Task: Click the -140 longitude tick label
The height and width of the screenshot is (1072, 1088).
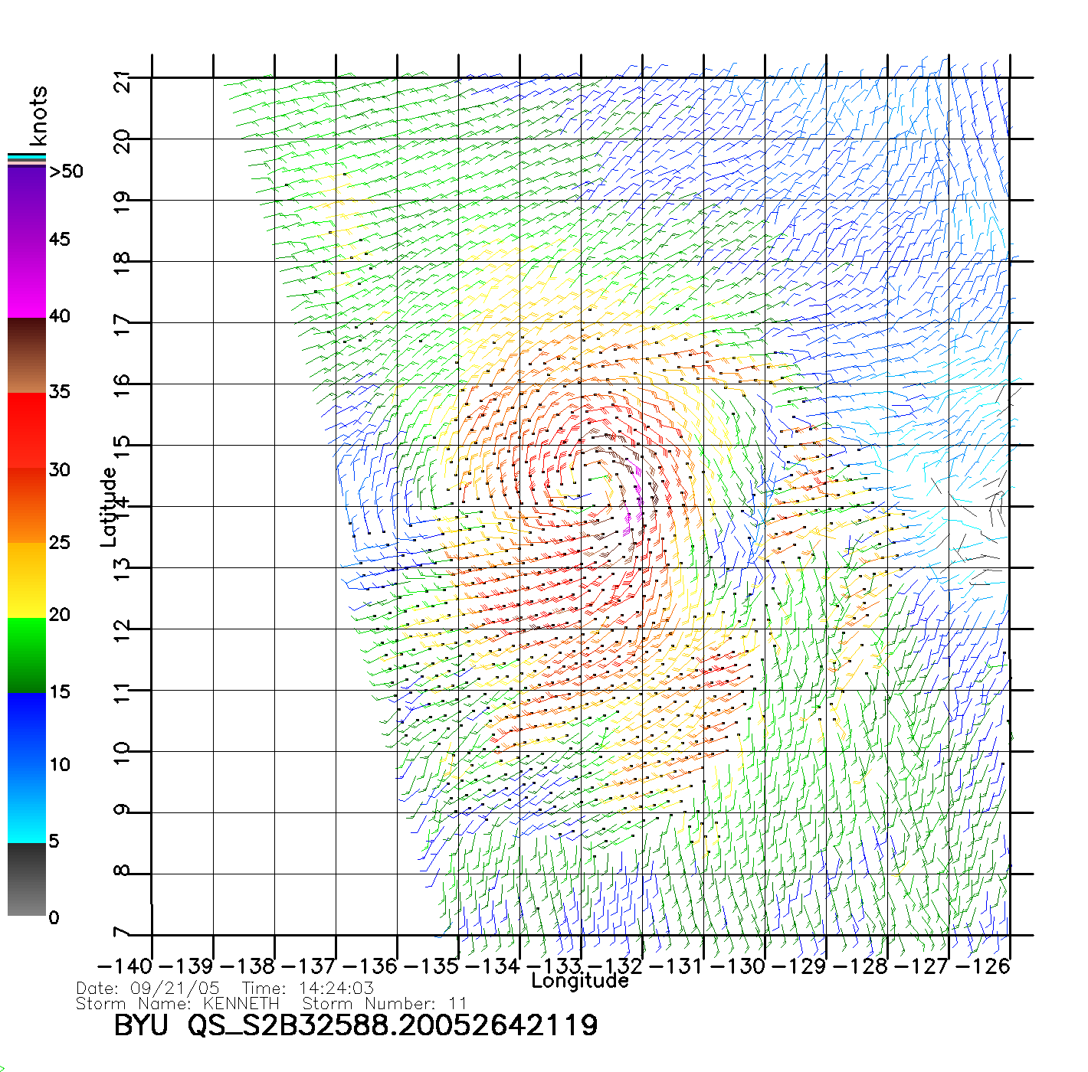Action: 126,966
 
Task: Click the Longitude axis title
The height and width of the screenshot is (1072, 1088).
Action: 580,981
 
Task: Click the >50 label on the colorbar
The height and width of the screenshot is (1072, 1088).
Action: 66,172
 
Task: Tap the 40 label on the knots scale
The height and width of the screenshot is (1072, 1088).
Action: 60,316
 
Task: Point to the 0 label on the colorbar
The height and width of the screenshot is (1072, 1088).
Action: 54,918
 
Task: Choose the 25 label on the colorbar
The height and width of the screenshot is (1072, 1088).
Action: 60,543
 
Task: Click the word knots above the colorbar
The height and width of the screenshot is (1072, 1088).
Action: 38,116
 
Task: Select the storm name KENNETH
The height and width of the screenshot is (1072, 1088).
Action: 241,1003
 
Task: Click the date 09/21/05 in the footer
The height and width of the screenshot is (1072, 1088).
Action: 175,989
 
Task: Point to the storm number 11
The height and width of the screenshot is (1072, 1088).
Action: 458,1003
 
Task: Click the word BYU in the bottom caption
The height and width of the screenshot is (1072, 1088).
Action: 141,1025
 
